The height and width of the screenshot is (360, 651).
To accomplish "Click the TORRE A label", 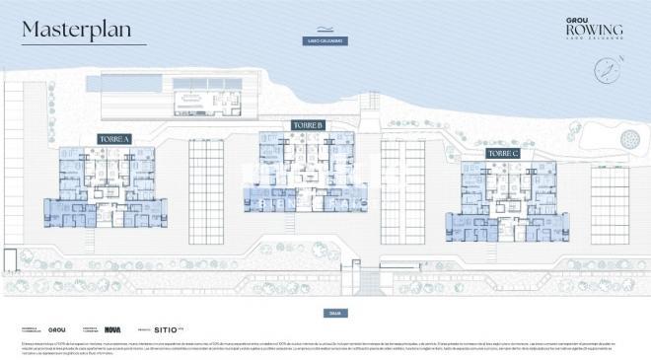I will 114,139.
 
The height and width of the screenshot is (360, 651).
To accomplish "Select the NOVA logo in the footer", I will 112,329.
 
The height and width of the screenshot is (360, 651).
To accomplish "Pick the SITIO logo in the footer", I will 169,329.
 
